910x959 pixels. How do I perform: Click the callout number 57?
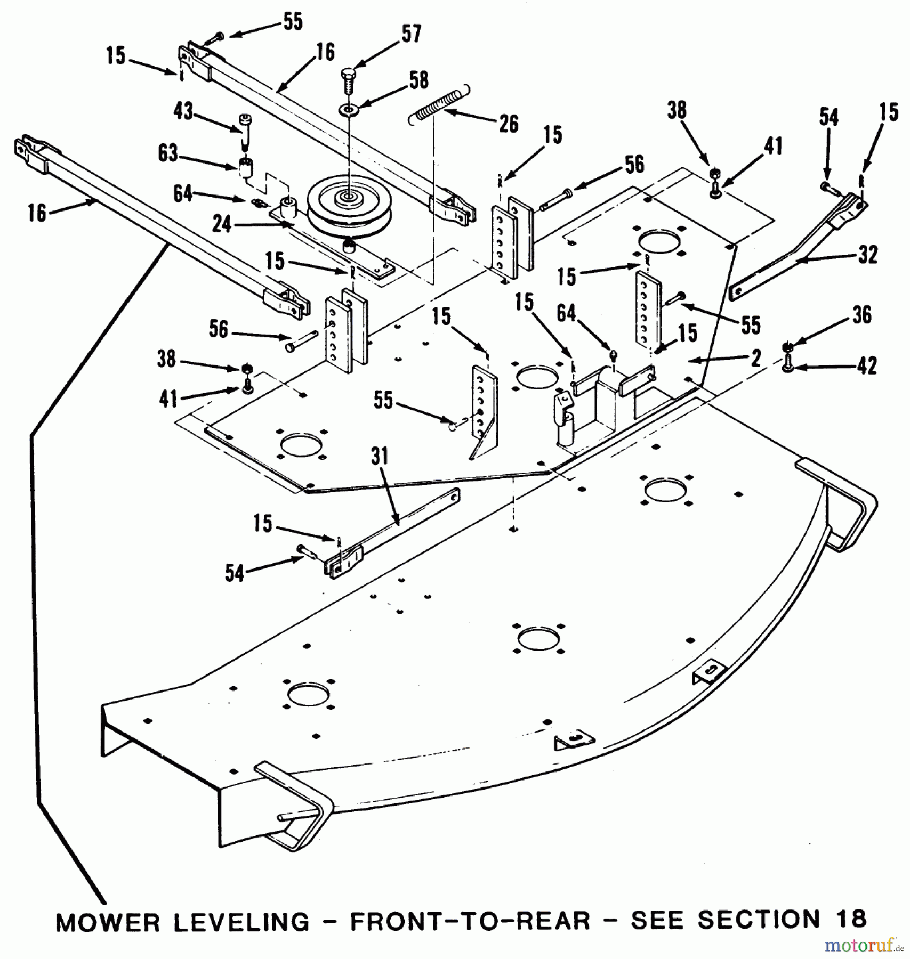click(410, 34)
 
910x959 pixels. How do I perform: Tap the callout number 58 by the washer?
click(418, 80)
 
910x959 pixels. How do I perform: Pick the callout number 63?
click(168, 153)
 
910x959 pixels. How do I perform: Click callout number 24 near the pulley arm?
click(222, 224)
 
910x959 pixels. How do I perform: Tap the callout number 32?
click(868, 255)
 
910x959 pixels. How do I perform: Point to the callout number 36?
click(861, 315)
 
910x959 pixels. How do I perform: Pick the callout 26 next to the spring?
click(508, 124)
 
